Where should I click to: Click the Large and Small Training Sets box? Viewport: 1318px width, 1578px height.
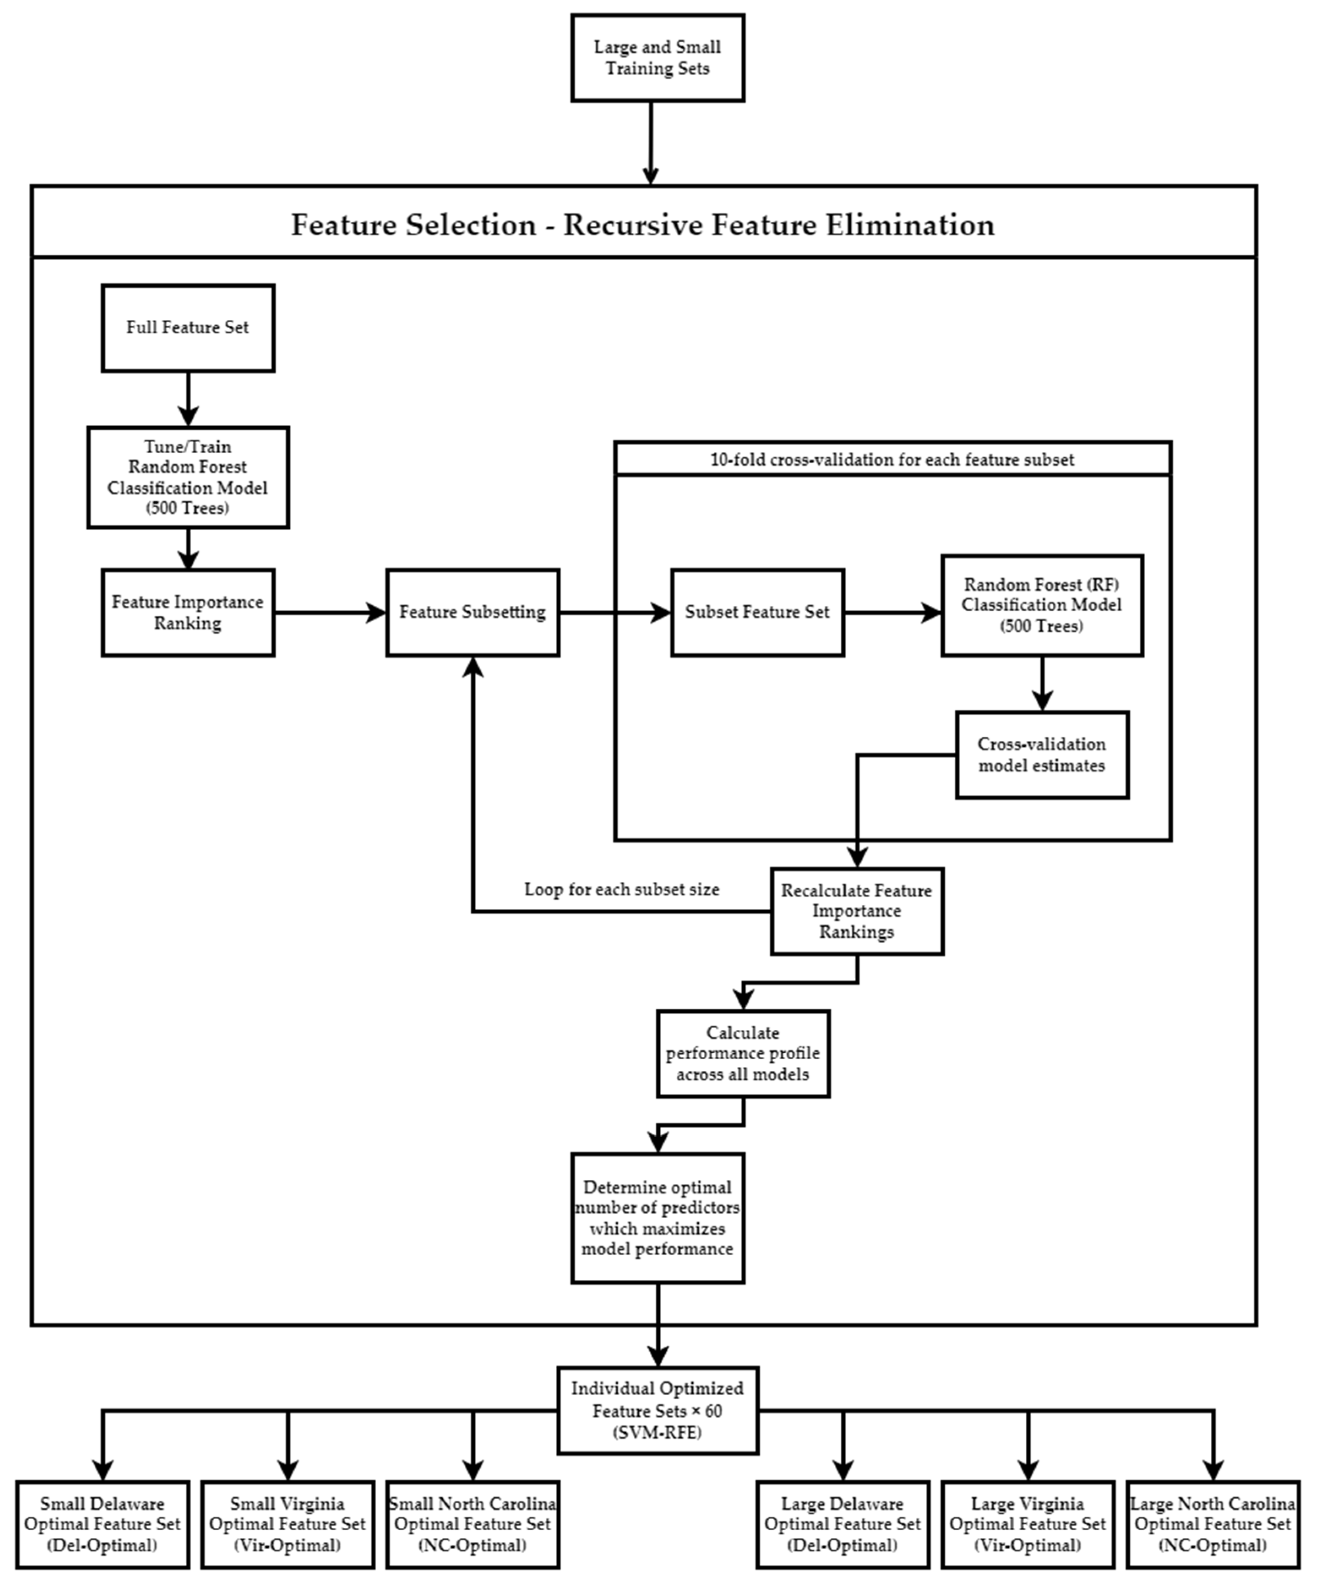[657, 58]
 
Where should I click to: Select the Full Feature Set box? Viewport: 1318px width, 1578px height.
[188, 328]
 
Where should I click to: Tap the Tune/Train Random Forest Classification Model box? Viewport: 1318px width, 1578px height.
[188, 477]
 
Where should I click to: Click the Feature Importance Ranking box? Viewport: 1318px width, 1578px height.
[188, 612]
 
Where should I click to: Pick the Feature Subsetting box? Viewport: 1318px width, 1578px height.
[473, 612]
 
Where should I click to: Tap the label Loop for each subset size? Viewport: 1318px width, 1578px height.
[621, 890]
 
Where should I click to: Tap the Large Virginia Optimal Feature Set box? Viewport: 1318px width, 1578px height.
[1027, 1525]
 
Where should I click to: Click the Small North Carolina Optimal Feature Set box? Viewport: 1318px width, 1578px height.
[473, 1525]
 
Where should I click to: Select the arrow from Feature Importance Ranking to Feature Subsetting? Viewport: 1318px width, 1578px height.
[331, 612]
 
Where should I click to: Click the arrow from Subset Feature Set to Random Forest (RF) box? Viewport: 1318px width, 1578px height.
[893, 612]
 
